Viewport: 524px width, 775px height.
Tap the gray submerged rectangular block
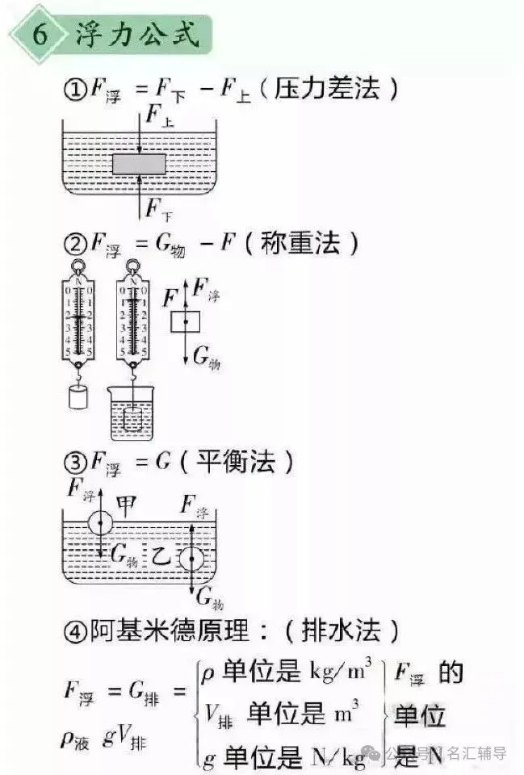coord(140,165)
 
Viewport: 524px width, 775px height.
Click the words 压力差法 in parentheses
coord(326,90)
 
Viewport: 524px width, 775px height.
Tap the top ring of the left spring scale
coord(78,266)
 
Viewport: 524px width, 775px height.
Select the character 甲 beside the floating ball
coord(126,505)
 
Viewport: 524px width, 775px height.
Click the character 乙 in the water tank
coord(161,555)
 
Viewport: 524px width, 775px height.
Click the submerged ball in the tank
coord(191,559)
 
